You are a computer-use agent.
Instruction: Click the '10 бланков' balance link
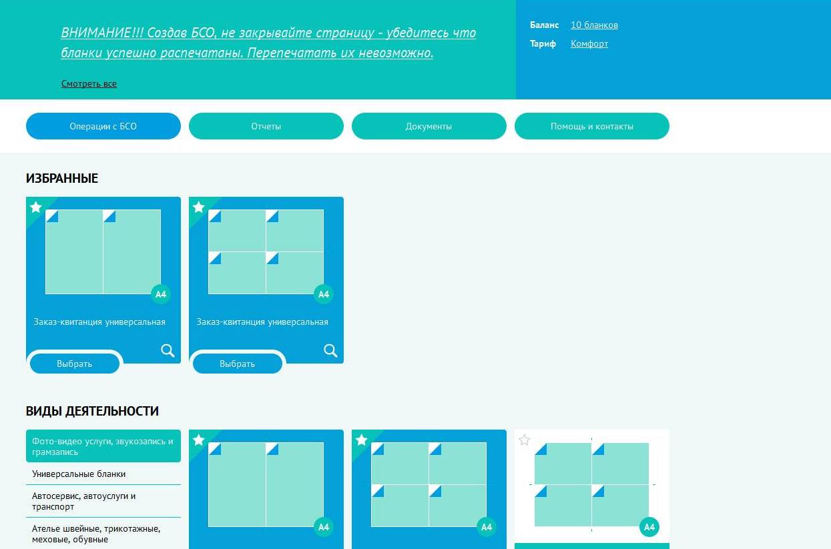[x=594, y=25]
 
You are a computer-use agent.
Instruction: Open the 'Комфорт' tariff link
[x=589, y=44]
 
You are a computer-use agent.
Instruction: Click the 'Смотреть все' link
[x=89, y=84]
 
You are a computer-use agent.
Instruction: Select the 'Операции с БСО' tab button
[x=103, y=126]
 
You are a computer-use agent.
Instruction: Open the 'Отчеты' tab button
[x=266, y=126]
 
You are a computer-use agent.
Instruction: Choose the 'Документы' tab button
[x=429, y=126]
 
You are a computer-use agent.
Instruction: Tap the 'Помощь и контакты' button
[x=592, y=126]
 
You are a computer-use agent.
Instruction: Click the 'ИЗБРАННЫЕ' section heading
[x=62, y=178]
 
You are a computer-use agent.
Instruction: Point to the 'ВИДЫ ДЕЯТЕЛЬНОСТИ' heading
[x=92, y=411]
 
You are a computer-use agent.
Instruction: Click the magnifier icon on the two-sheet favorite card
[x=168, y=350]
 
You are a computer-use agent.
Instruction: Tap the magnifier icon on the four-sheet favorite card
[x=330, y=350]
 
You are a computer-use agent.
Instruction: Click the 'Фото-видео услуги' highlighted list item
[x=103, y=446]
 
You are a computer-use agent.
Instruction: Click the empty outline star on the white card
[x=524, y=440]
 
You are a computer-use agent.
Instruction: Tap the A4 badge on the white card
[x=649, y=527]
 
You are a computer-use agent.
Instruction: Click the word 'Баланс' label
[x=544, y=25]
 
